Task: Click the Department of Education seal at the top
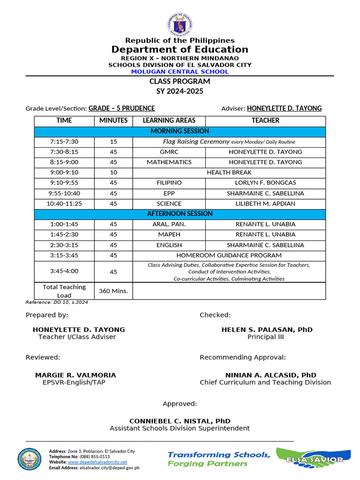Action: click(180, 23)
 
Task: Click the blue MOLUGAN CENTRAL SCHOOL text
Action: click(180, 72)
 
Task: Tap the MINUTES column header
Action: click(113, 120)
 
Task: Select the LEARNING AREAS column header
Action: click(169, 120)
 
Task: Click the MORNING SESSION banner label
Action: click(180, 131)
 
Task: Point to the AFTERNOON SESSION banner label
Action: click(180, 214)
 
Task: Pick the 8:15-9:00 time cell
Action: click(64, 162)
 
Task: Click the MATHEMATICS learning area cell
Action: click(169, 162)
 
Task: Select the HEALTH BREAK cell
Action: click(229, 172)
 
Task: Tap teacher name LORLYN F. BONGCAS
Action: click(265, 183)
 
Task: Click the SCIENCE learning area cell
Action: click(169, 203)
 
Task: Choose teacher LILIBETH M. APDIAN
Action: click(265, 203)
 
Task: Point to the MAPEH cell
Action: click(169, 234)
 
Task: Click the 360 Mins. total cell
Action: click(113, 291)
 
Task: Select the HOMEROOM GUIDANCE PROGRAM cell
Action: click(229, 255)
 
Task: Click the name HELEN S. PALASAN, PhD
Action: click(267, 330)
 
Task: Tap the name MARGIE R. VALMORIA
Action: click(75, 375)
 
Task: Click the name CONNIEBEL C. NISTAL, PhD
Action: click(180, 421)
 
